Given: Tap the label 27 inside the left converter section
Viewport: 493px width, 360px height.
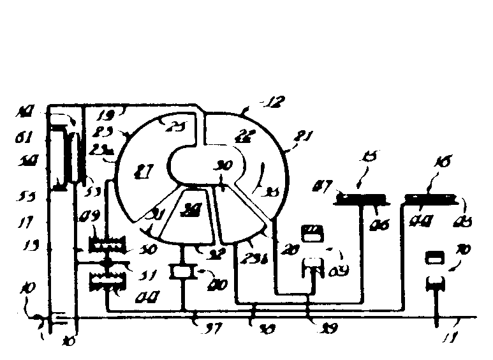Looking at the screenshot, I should point(145,171).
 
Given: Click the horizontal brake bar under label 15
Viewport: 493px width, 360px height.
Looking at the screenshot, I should point(361,199).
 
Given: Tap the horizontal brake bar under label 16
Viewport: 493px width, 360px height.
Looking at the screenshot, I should point(432,200).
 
